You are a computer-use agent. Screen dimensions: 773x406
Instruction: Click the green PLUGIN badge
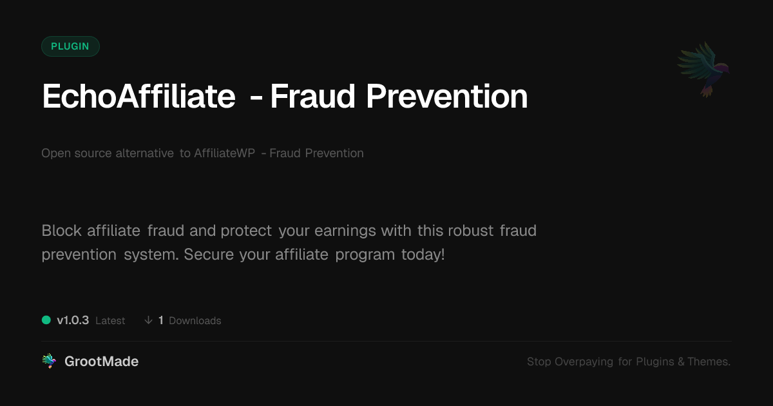pos(70,46)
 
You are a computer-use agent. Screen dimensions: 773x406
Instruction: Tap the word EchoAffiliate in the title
pos(138,96)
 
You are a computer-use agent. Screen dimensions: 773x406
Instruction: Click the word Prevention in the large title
pos(447,96)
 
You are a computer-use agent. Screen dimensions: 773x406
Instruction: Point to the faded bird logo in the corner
pos(703,70)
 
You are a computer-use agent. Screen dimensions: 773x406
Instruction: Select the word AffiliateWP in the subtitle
pos(225,153)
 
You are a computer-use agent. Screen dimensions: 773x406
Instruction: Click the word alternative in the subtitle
pos(144,153)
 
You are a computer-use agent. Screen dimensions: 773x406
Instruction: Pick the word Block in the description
pos(61,231)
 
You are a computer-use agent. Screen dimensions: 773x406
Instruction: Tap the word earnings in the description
pos(345,231)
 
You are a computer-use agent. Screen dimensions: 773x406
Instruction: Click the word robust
pos(471,231)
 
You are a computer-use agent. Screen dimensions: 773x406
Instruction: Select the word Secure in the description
pos(209,255)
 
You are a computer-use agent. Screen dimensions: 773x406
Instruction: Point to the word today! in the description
pos(423,255)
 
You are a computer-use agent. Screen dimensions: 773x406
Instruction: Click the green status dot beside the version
pos(46,320)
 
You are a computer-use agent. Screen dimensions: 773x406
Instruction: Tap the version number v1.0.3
pos(73,320)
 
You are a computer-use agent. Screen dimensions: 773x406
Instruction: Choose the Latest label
pos(110,321)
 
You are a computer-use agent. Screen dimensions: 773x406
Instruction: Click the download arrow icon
pos(148,320)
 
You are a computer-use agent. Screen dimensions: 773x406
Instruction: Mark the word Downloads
pos(195,321)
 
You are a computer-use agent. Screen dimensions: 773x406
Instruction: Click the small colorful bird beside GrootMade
pos(49,361)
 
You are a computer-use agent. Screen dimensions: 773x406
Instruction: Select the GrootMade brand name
pos(102,362)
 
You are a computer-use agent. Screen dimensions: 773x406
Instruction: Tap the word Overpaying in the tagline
pos(584,362)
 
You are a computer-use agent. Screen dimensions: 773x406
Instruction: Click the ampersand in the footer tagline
pos(681,362)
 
